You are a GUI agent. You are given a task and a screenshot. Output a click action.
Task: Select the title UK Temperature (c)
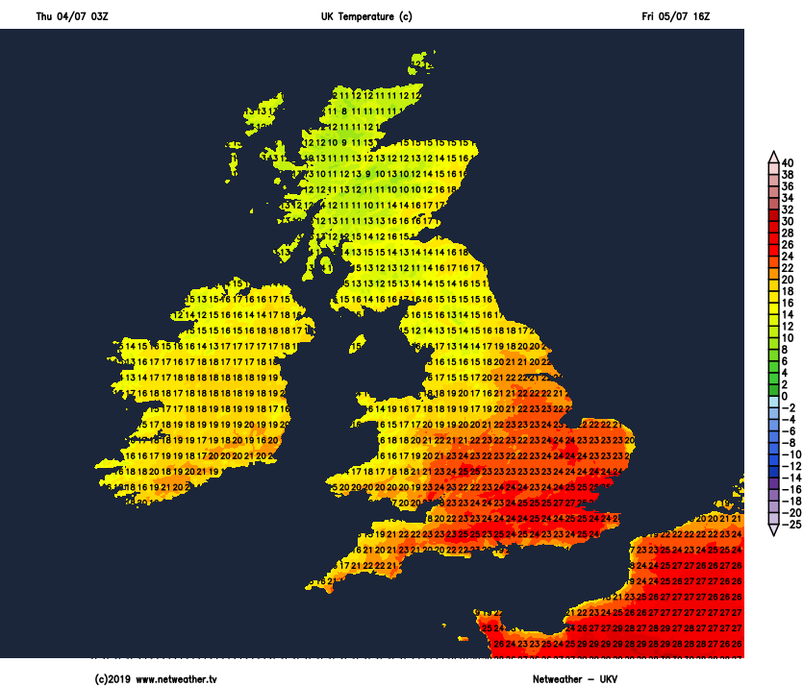click(366, 16)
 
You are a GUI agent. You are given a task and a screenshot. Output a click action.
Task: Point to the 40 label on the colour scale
click(788, 162)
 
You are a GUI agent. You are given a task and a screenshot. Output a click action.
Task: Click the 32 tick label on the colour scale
click(788, 209)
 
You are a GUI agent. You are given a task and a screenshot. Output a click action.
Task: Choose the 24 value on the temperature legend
click(788, 257)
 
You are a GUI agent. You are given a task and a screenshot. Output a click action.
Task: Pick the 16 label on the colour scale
click(788, 303)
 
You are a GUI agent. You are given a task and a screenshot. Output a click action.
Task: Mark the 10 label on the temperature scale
click(788, 338)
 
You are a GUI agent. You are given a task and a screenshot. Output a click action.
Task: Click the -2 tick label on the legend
click(788, 407)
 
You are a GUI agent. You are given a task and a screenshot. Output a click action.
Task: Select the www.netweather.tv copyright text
click(156, 679)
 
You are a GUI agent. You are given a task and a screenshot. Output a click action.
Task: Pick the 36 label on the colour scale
click(788, 186)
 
